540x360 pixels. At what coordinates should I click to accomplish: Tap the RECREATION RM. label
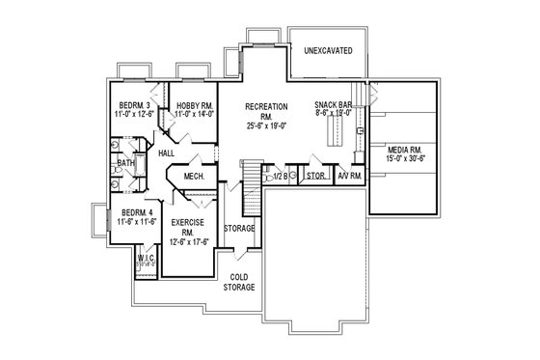262,109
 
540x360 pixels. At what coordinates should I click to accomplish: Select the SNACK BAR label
334,103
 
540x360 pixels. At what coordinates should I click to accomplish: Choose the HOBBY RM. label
194,103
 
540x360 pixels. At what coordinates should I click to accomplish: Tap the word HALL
166,152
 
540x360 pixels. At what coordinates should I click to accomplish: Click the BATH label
126,164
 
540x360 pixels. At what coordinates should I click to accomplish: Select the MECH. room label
197,176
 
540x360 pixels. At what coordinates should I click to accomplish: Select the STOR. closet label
314,176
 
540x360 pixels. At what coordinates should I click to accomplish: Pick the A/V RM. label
348,176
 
